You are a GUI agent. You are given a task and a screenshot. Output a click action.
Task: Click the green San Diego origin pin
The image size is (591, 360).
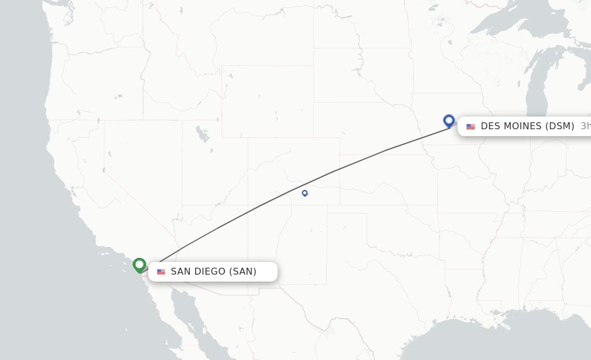139,265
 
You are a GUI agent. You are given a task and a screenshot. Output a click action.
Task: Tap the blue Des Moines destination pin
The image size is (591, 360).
449,121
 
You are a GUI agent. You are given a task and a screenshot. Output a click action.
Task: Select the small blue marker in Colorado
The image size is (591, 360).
305,193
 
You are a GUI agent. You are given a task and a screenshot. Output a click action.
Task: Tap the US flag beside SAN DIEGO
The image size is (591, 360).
161,272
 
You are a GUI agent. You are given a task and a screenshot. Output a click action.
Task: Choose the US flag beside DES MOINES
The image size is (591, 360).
471,126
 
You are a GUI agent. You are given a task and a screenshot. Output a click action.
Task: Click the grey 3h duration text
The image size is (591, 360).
585,126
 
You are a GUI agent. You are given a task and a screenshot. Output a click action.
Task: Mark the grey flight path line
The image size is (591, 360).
260,205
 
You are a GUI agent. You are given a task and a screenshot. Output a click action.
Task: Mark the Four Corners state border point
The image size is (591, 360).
248,205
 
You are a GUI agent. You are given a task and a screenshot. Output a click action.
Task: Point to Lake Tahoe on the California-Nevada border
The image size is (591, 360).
103,170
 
